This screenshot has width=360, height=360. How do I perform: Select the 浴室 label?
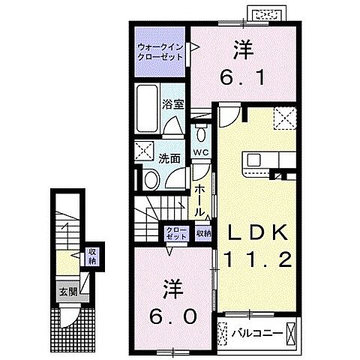174,104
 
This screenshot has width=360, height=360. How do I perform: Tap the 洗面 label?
169,158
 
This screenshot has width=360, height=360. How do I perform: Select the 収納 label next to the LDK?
203,233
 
